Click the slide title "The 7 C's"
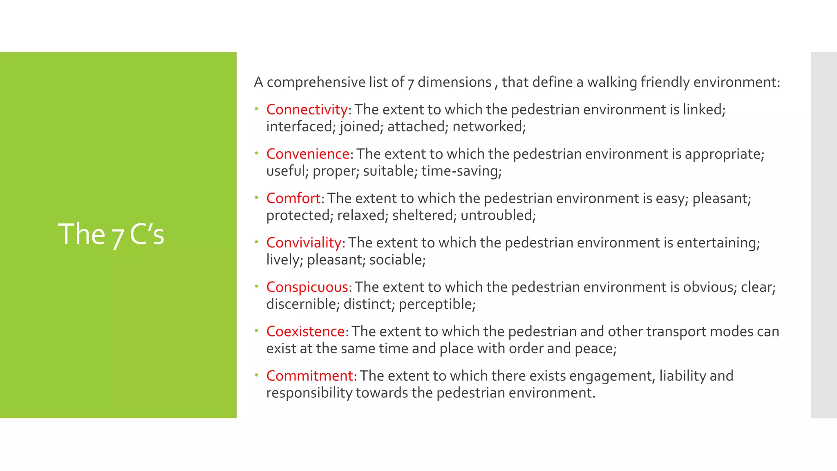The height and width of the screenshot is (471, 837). click(x=111, y=234)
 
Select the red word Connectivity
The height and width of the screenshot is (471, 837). click(x=307, y=110)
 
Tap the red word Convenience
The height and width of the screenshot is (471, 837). click(x=308, y=154)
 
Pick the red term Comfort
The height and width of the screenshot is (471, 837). click(x=293, y=198)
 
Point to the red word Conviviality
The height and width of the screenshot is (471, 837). click(x=304, y=243)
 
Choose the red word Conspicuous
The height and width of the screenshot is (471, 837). click(x=307, y=287)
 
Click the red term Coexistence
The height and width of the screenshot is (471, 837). click(x=305, y=332)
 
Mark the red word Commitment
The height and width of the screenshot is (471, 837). click(x=309, y=376)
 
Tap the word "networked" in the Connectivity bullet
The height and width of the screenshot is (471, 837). click(x=487, y=127)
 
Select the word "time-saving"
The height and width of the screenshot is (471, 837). click(x=460, y=171)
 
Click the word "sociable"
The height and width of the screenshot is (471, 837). click(x=396, y=260)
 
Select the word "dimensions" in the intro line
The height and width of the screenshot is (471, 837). click(x=454, y=83)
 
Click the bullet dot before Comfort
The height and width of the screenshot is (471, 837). click(x=257, y=197)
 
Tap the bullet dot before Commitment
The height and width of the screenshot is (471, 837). click(x=257, y=375)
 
